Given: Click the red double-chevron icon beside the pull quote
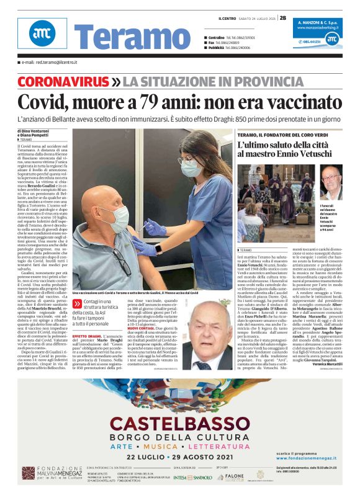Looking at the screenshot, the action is (x=77, y=304).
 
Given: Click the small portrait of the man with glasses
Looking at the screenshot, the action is (x=331, y=182).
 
